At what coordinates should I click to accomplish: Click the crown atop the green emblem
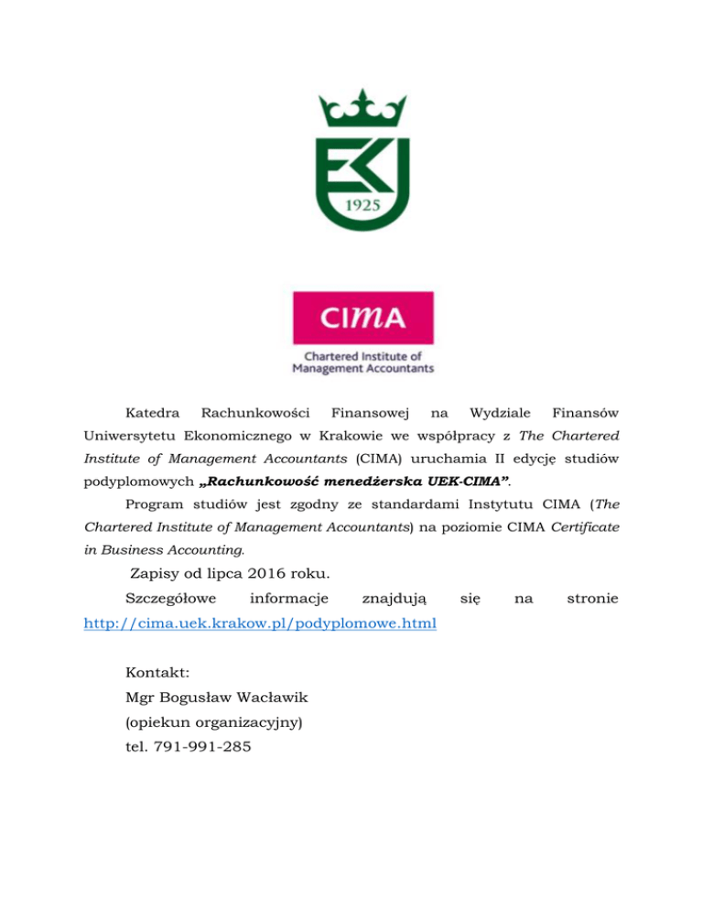(x=362, y=113)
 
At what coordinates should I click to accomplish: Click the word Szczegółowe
(x=170, y=600)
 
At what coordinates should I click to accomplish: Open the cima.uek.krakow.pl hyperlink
(x=259, y=623)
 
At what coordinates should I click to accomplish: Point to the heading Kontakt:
(x=157, y=673)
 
